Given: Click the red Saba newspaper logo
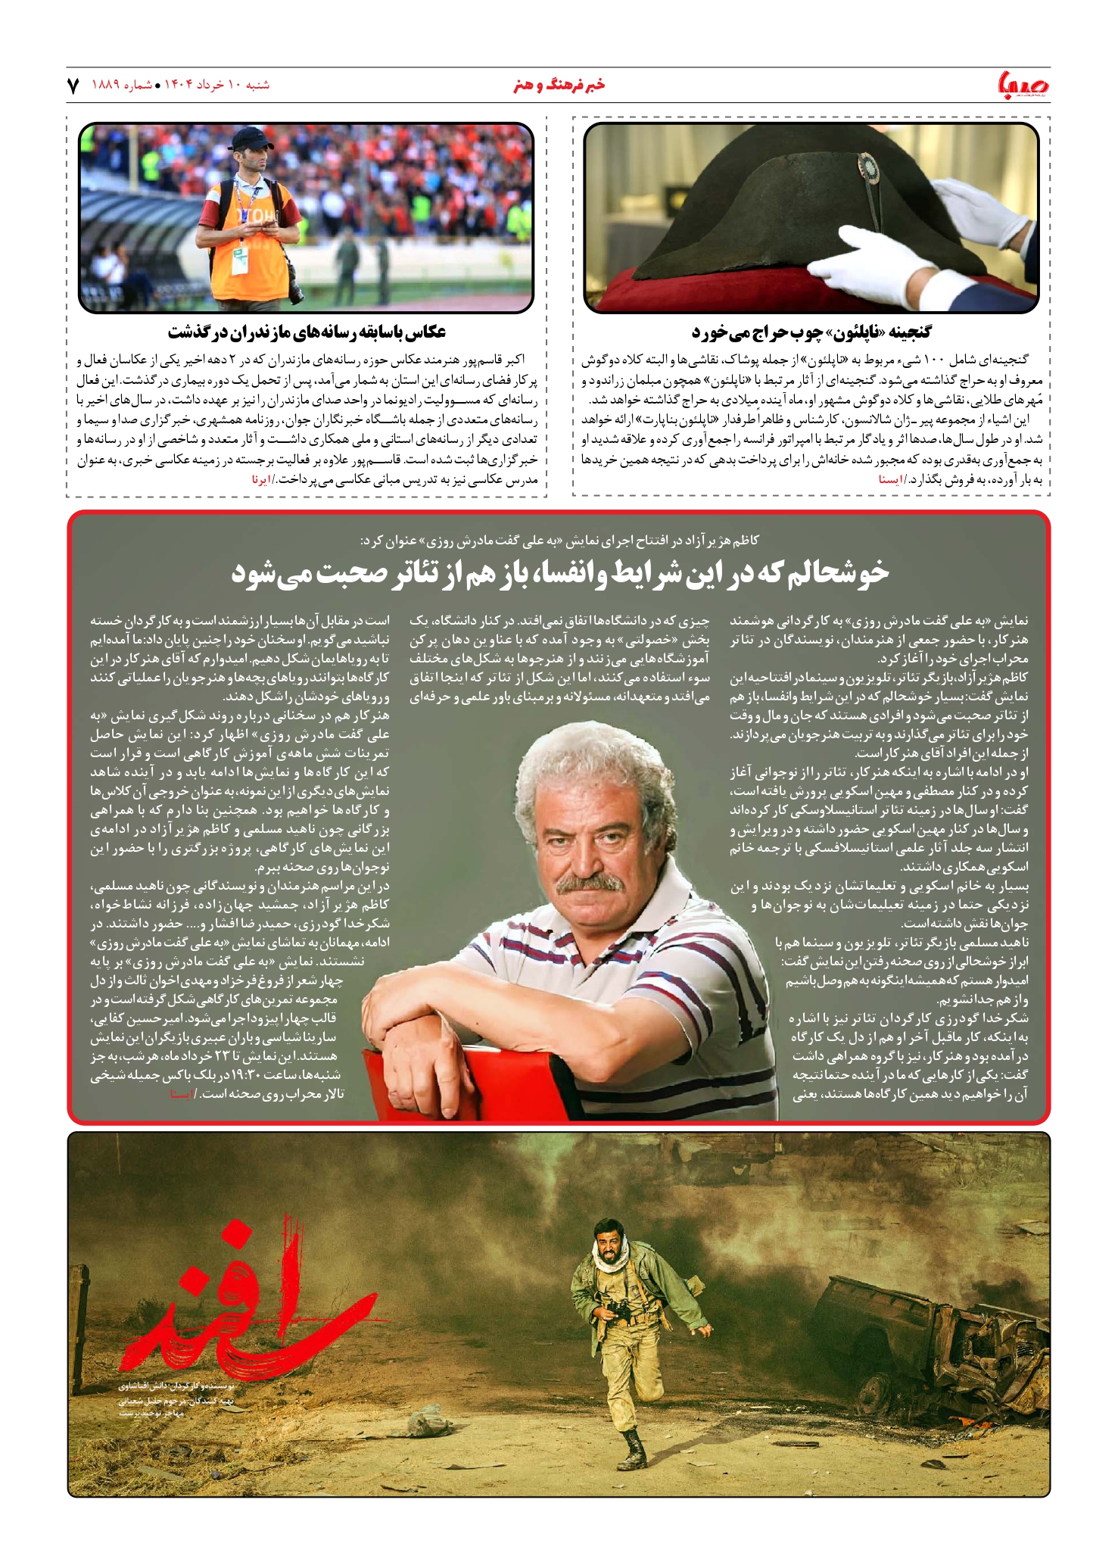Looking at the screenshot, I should point(1023,84).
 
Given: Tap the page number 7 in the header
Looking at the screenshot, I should point(73,86).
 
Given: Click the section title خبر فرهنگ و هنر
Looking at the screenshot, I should point(559,85).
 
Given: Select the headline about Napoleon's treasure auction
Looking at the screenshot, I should point(811,332).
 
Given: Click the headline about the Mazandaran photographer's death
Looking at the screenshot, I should point(307,332).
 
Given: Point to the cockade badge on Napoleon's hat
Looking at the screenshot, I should point(868,166).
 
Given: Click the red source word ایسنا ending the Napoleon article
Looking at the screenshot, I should point(889,480).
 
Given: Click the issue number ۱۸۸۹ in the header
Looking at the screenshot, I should point(106,85).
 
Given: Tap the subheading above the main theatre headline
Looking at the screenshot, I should point(559,541).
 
